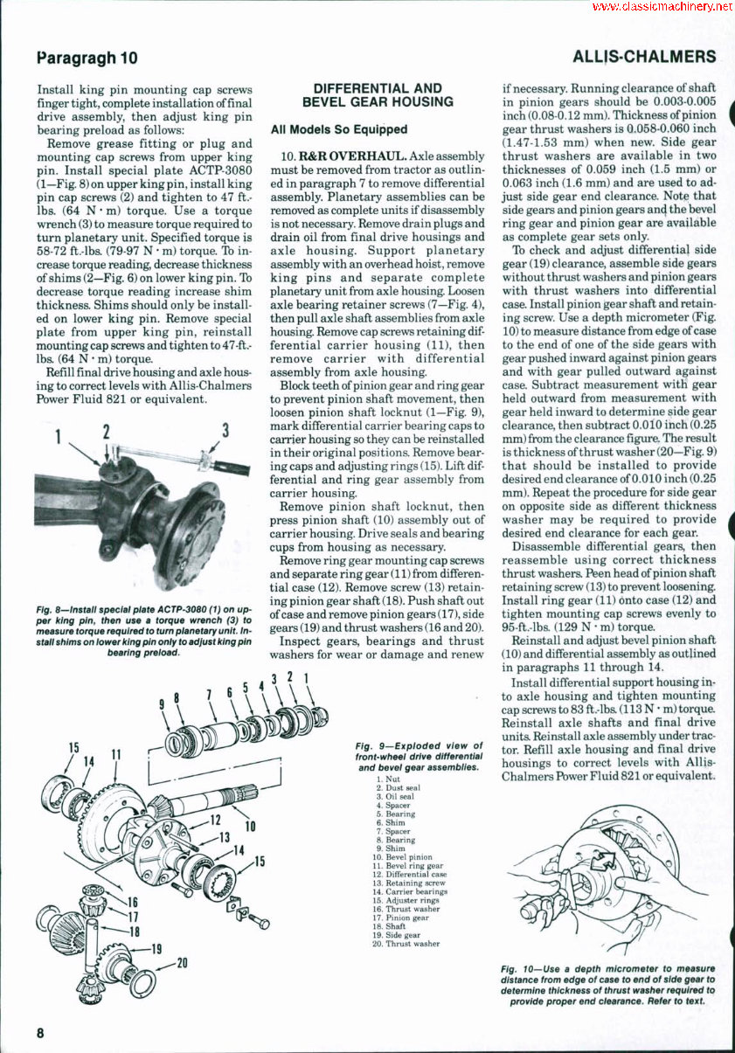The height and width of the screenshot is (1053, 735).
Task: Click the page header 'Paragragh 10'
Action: (x=87, y=59)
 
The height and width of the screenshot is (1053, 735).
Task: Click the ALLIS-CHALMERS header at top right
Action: (x=644, y=58)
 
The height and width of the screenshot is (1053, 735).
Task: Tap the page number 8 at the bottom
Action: (x=40, y=1032)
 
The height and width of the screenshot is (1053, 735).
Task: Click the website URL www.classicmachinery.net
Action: (x=662, y=7)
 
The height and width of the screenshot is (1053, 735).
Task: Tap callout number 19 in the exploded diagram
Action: (x=156, y=948)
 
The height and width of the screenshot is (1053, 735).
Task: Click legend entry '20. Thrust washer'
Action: (x=403, y=943)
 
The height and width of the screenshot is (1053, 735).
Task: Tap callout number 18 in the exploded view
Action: (x=133, y=932)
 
